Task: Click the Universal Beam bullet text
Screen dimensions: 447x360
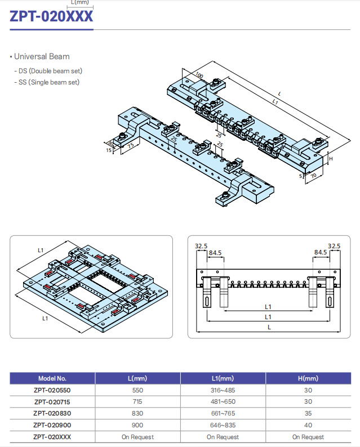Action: [x=41, y=57]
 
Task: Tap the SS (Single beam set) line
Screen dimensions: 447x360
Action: [x=48, y=82]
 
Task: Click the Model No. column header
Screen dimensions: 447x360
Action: [x=52, y=378]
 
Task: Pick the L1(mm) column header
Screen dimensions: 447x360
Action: [x=223, y=378]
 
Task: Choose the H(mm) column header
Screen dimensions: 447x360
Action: [x=308, y=378]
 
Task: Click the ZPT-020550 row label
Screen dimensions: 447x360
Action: [x=52, y=390]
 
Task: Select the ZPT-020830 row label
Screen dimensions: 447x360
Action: [x=52, y=413]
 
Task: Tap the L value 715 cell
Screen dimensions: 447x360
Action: [x=137, y=402]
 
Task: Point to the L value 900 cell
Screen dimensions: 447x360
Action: [x=137, y=425]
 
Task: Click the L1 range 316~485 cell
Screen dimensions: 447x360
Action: [x=223, y=390]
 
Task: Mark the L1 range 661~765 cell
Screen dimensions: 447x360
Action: [x=223, y=413]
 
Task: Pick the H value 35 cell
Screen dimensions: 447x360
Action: [x=308, y=413]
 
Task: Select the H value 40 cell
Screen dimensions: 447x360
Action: [x=308, y=425]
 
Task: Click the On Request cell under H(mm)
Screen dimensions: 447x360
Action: [x=308, y=437]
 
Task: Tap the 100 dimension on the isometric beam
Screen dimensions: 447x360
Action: [x=199, y=75]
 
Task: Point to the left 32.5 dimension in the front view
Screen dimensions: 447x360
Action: [x=201, y=246]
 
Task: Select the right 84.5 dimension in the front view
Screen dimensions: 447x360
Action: [x=321, y=253]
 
